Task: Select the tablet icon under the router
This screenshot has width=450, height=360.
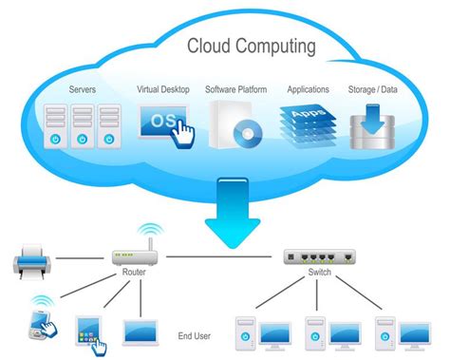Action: (x=87, y=329)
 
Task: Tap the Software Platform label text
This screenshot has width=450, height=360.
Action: (x=235, y=90)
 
